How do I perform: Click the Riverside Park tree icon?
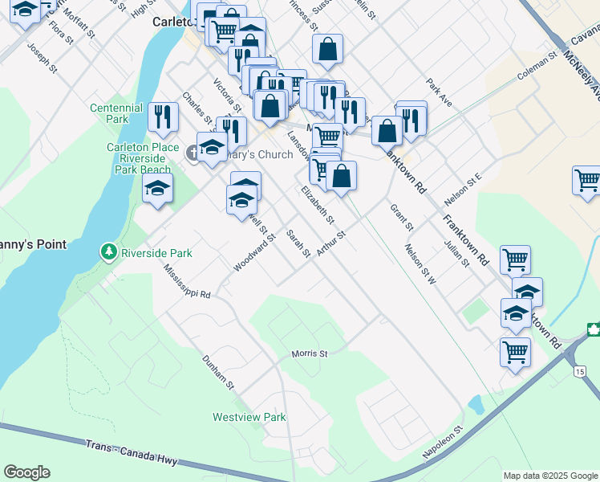(x=109, y=252)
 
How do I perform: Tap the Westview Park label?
(x=249, y=417)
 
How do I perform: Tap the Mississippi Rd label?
(x=186, y=281)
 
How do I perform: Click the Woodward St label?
(x=254, y=252)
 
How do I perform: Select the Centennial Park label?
(x=116, y=113)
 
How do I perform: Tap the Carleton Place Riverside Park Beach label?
(x=140, y=158)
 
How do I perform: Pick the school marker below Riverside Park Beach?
(x=157, y=190)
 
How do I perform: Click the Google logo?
(x=26, y=472)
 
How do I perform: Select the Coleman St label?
(x=537, y=67)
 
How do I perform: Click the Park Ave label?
(x=440, y=91)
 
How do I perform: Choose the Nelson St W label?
(x=420, y=264)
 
